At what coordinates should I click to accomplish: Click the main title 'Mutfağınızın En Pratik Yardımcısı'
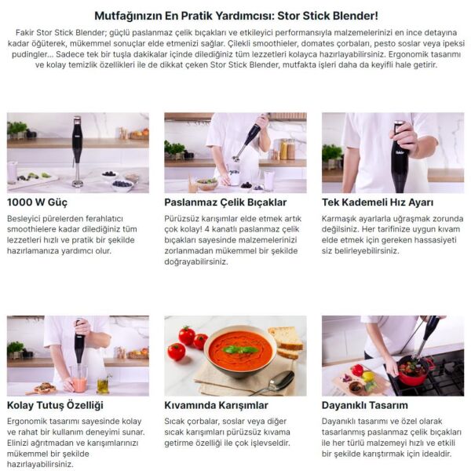tap(184, 16)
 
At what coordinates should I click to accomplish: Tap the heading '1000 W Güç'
tap(37, 203)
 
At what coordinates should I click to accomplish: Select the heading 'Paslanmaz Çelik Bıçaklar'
tap(225, 203)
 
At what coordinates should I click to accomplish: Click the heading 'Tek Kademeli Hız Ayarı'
tap(378, 203)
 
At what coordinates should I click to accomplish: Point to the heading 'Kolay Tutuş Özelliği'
tap(55, 405)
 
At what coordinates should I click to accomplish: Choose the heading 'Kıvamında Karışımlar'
tap(216, 405)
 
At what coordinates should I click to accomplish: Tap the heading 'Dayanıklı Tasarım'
tap(365, 405)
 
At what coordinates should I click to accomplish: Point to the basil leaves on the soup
tap(240, 349)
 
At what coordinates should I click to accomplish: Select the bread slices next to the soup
tap(287, 341)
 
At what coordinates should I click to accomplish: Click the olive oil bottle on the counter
tap(103, 385)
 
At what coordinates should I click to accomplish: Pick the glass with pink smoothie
tap(79, 379)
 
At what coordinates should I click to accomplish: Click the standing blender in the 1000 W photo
tap(77, 152)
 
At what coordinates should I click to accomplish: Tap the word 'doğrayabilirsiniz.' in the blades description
tap(196, 261)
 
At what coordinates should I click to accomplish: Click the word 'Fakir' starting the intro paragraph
tap(24, 32)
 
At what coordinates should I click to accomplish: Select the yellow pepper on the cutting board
tap(367, 376)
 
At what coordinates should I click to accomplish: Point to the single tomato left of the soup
tap(177, 352)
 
